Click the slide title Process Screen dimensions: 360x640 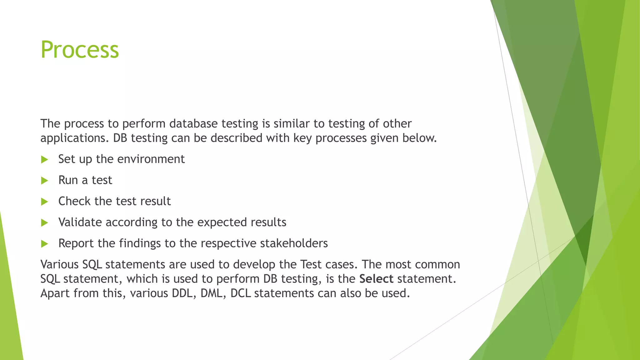tap(80, 50)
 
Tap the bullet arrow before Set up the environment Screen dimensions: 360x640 tap(44, 160)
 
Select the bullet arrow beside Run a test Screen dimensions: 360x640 tap(44, 181)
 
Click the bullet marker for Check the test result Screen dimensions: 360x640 tap(44, 202)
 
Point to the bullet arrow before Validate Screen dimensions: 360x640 tap(44, 223)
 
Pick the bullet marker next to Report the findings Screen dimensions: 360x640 tap(44, 244)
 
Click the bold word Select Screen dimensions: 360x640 tap(376, 279)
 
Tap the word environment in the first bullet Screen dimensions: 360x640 tap(151, 159)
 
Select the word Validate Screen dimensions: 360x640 tap(80, 222)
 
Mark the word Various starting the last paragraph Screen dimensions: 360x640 tap(59, 265)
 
